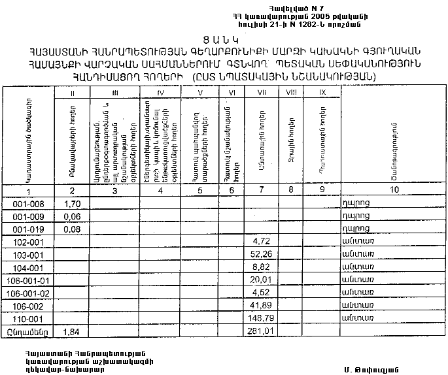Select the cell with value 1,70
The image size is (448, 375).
point(73,204)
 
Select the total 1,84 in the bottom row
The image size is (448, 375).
point(73,331)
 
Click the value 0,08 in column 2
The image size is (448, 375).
point(73,229)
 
